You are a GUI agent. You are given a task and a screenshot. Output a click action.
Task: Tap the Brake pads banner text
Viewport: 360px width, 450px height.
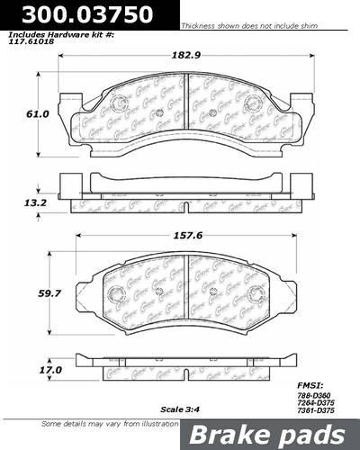pyautogui.click(x=274, y=434)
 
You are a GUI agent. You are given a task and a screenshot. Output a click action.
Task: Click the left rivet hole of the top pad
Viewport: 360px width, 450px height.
pyautogui.click(x=158, y=112)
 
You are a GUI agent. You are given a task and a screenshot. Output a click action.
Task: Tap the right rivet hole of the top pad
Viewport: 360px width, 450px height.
pyautogui.click(x=212, y=112)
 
